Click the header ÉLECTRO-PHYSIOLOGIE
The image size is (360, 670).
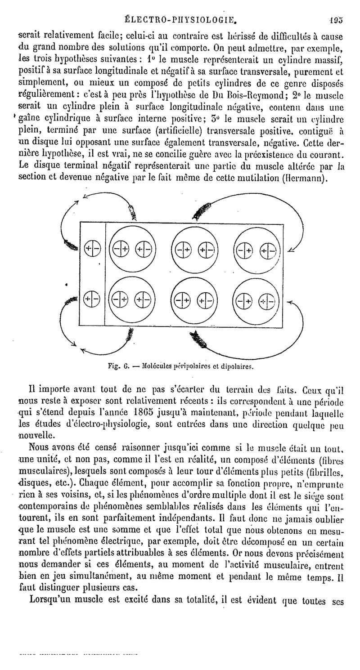[x=180, y=19]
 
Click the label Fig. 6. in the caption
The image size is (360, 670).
[x=119, y=366]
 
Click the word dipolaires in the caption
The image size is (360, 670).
[x=237, y=366]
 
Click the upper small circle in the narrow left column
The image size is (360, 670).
[x=93, y=248]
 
